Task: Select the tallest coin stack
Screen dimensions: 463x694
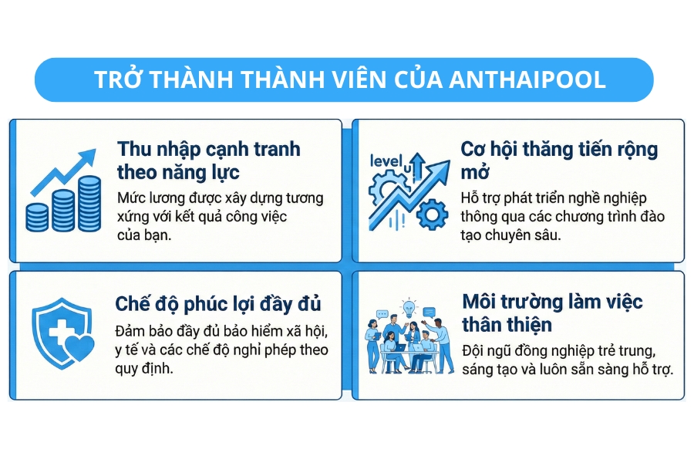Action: pos(89,203)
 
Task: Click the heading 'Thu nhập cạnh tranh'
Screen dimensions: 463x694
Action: pos(208,149)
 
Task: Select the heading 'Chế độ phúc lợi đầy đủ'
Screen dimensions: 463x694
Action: pos(218,302)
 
